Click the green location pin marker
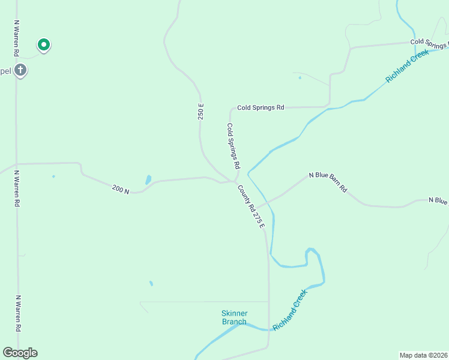(43, 45)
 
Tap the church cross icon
(20, 70)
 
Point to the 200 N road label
(120, 190)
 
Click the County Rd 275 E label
(250, 206)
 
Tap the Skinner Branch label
(234, 317)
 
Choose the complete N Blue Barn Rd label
(328, 182)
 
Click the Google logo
(20, 353)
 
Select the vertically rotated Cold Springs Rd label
(233, 146)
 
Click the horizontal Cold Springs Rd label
(260, 107)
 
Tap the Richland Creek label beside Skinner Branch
(290, 310)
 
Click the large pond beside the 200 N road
(148, 179)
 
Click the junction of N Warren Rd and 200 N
(16, 163)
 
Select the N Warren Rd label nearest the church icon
(16, 37)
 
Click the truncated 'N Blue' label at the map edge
(438, 200)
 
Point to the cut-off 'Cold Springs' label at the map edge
(429, 42)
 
